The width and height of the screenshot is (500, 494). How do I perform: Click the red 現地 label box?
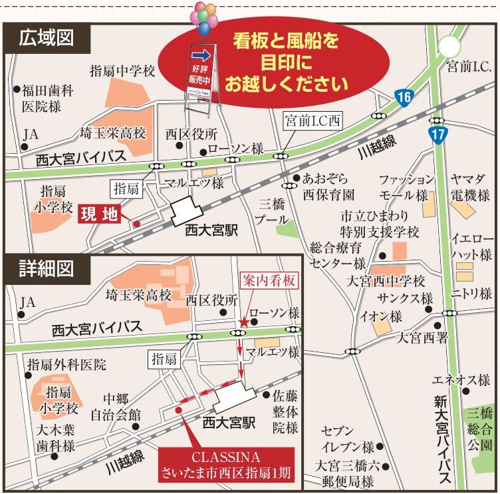(99, 214)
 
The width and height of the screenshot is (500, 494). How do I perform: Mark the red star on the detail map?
(244, 322)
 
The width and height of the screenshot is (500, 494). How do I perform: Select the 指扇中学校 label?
(122, 70)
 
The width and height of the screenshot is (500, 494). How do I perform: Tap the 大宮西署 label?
(423, 338)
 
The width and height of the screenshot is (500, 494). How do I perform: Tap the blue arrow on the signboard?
(199, 55)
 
